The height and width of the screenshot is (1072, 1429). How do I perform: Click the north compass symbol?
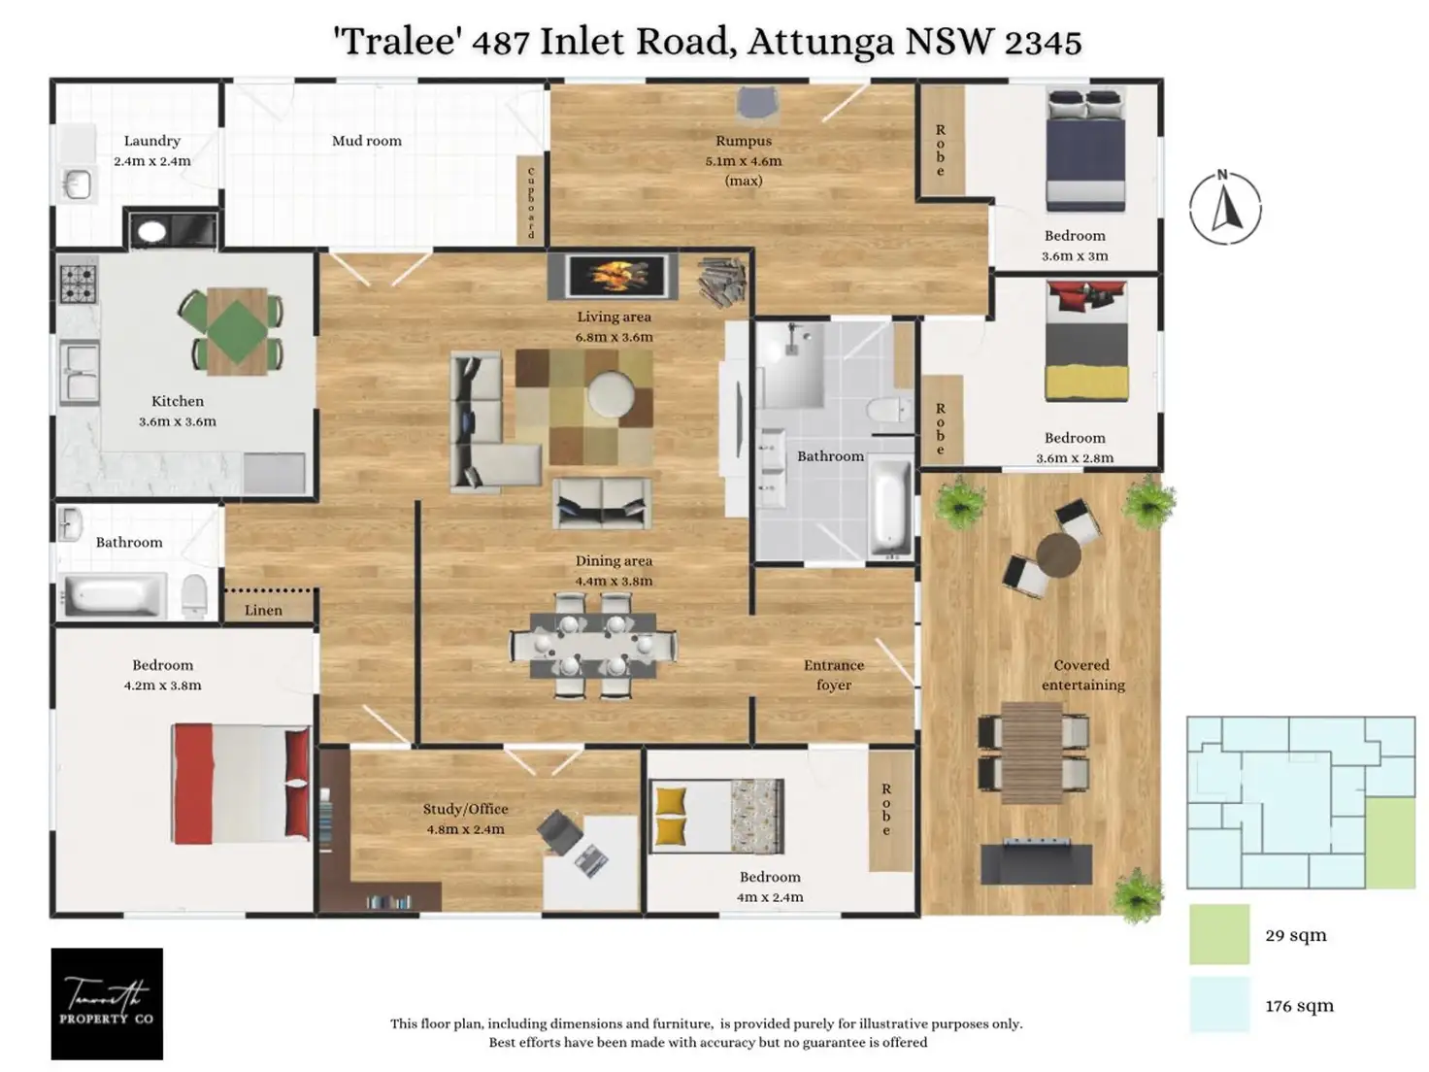[x=1224, y=208]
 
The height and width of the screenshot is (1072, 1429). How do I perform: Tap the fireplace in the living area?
[x=612, y=276]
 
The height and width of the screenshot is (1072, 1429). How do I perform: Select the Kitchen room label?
[x=178, y=401]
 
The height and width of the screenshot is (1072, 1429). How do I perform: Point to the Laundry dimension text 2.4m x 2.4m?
[x=152, y=161]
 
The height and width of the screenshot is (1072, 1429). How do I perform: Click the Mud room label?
[x=366, y=141]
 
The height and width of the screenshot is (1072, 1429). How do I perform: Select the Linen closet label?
[x=263, y=610]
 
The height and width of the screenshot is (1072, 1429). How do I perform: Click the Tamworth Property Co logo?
[x=107, y=1003]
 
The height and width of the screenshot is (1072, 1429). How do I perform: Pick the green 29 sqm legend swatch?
[x=1219, y=934]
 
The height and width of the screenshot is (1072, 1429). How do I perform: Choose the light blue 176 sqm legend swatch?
[x=1219, y=1004]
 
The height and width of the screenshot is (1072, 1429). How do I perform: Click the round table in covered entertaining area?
[x=1057, y=555]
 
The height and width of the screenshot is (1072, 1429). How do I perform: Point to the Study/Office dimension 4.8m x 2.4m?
[x=465, y=829]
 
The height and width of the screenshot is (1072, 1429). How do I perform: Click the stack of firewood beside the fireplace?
[x=723, y=281]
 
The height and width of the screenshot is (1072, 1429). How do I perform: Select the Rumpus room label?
[x=744, y=141]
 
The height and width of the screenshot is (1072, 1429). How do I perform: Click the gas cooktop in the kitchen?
[x=79, y=282]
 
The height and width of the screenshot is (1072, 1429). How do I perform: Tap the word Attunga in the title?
[x=821, y=42]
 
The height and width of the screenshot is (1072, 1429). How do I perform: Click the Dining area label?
[x=614, y=560]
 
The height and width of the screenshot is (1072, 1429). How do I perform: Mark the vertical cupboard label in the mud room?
[x=531, y=202]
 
